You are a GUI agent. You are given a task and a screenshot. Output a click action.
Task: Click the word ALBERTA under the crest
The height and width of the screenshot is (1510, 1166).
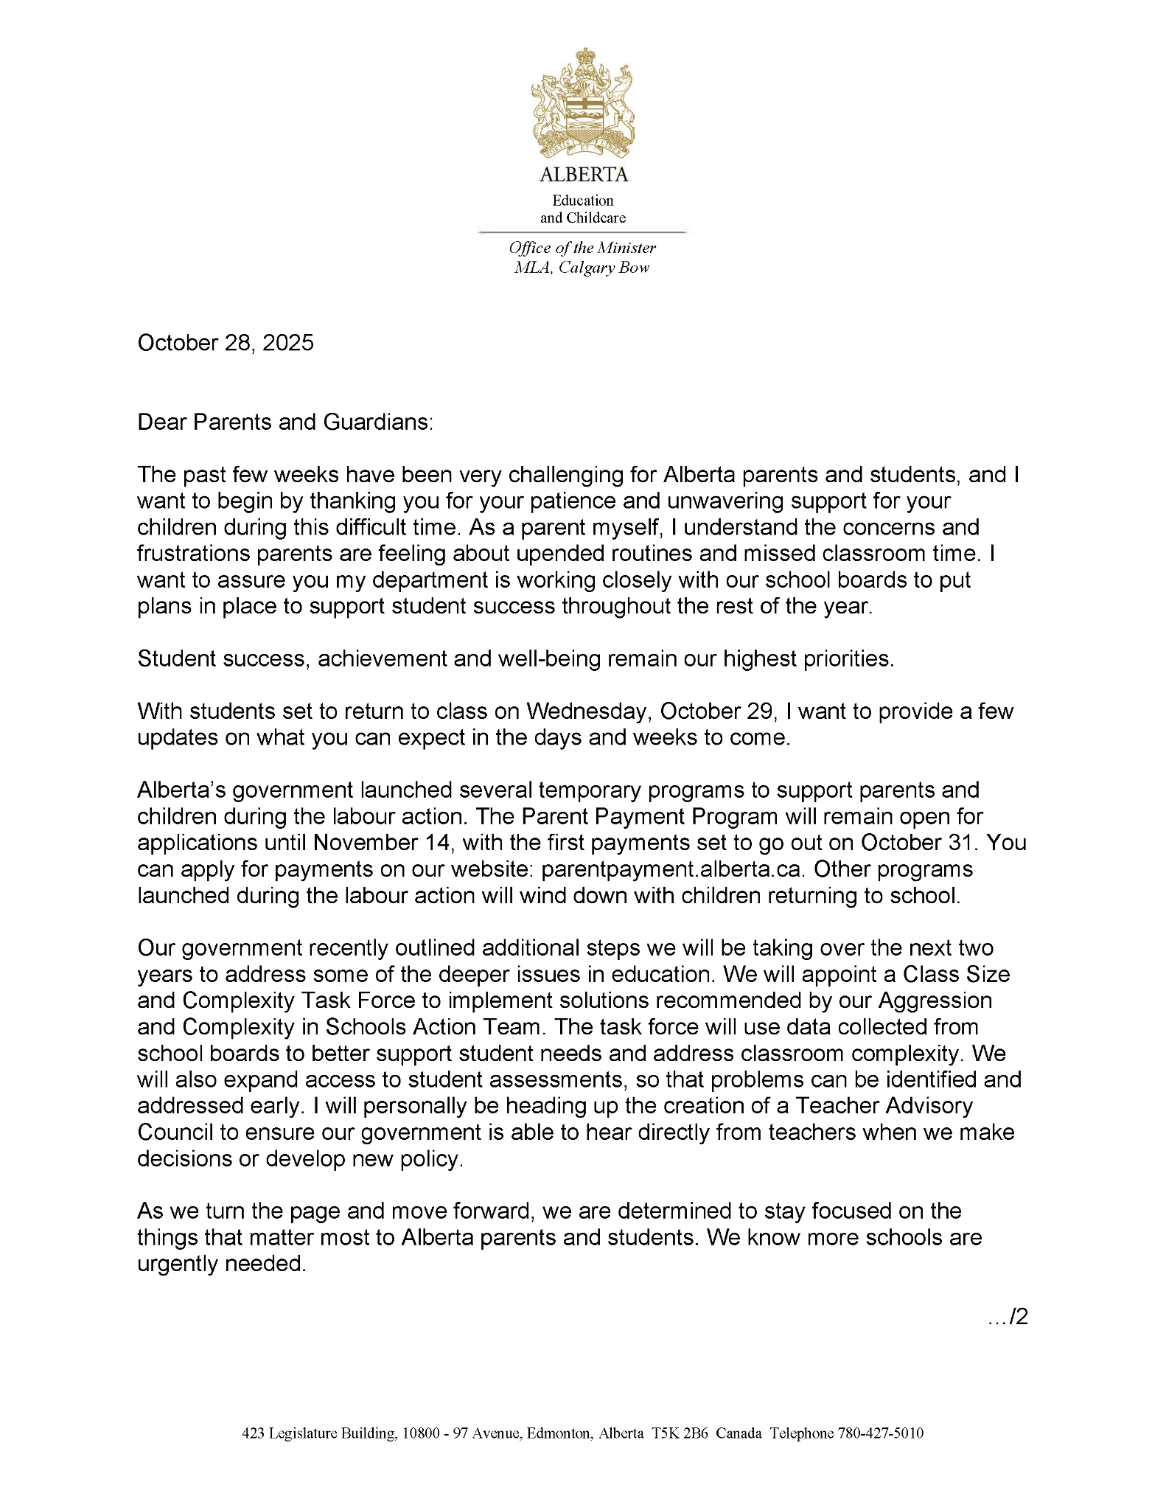point(583,175)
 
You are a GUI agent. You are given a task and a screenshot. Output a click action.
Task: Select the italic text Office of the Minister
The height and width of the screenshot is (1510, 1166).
point(582,248)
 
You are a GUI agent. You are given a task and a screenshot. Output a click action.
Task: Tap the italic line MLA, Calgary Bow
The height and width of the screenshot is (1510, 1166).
point(582,267)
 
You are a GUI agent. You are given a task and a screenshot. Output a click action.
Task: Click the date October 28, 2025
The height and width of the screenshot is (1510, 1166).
point(226,343)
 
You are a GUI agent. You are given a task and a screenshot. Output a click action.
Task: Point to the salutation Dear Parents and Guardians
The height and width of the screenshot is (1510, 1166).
point(285,422)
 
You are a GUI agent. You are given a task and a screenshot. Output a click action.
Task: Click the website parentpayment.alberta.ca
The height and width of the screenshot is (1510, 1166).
point(671,869)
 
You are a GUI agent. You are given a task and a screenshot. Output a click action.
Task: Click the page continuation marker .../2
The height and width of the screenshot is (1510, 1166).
point(1008,1317)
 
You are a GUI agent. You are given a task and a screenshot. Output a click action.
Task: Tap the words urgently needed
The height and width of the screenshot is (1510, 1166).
point(221,1264)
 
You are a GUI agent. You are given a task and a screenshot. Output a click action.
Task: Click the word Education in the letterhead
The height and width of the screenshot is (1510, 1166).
point(582,201)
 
